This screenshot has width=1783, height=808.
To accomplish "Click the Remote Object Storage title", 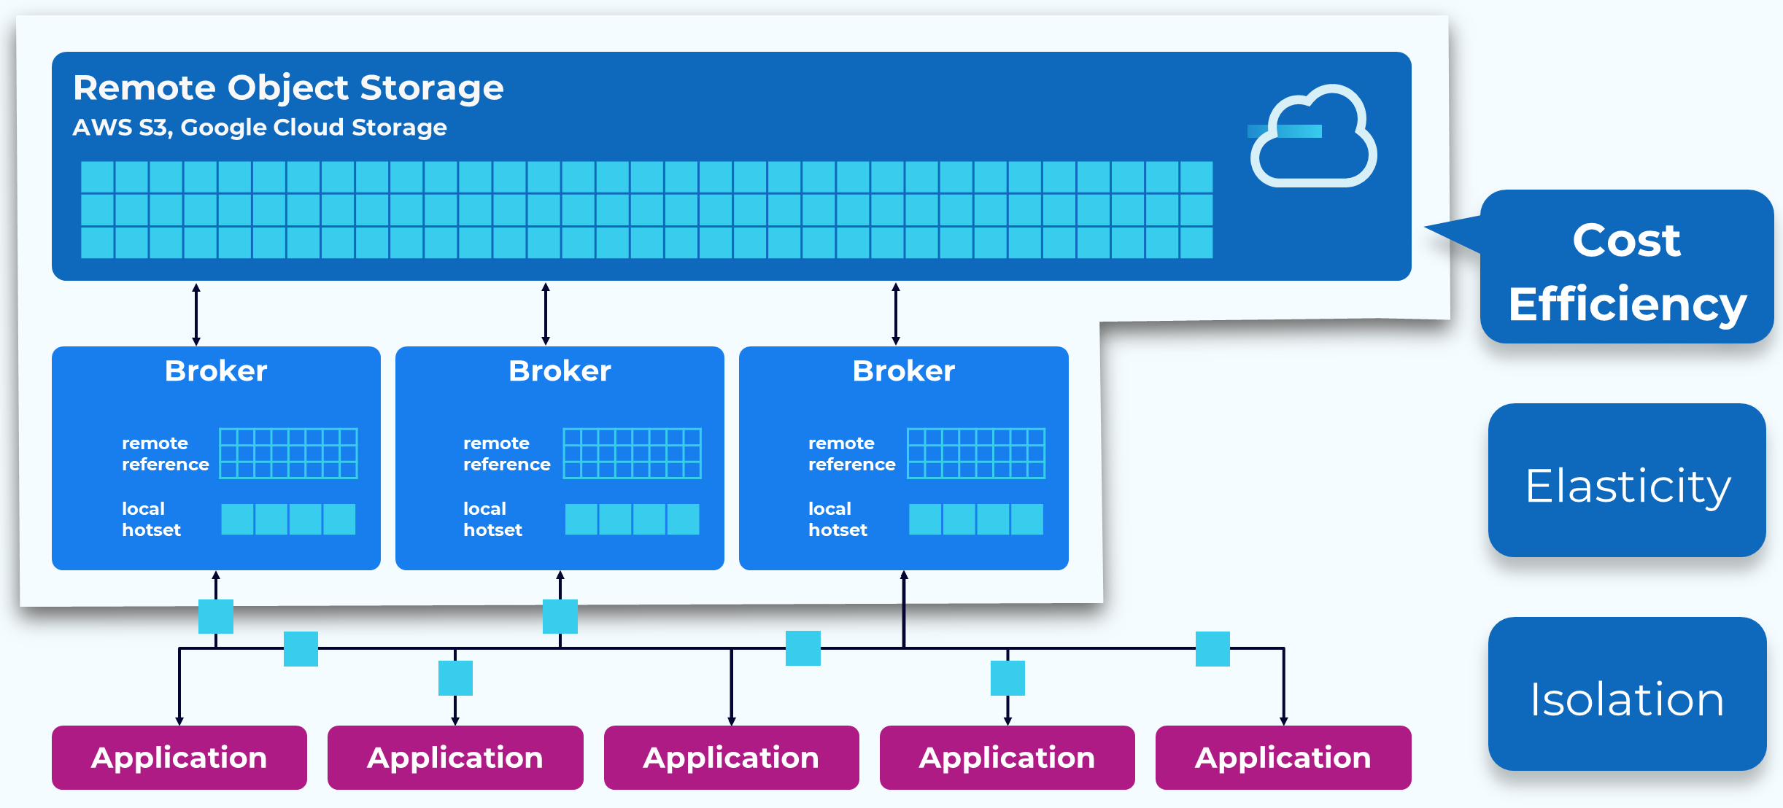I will [x=288, y=88].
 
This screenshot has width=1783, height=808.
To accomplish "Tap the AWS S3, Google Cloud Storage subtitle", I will [x=260, y=128].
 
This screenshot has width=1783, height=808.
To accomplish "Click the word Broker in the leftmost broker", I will [x=216, y=371].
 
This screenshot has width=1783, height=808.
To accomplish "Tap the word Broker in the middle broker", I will [x=560, y=371].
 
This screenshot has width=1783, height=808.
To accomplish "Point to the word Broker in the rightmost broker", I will [x=903, y=371].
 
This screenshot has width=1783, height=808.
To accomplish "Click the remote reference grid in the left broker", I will [x=288, y=454].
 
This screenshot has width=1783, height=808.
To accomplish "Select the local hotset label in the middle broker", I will [x=492, y=519].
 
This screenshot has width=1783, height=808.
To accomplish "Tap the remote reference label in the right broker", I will [x=851, y=454].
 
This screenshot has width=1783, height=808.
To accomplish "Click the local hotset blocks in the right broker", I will [x=975, y=519].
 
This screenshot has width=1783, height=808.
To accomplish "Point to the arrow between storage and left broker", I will [x=196, y=314].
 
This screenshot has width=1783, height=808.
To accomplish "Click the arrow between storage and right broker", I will [x=896, y=314].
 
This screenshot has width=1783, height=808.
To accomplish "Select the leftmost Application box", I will [x=179, y=758].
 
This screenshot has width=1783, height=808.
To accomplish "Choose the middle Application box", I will [x=731, y=758].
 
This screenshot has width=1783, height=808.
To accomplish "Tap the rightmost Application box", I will [x=1283, y=758].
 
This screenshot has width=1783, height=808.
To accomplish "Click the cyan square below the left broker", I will [x=216, y=617].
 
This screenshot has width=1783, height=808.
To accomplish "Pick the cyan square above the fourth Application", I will [x=1007, y=678].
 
